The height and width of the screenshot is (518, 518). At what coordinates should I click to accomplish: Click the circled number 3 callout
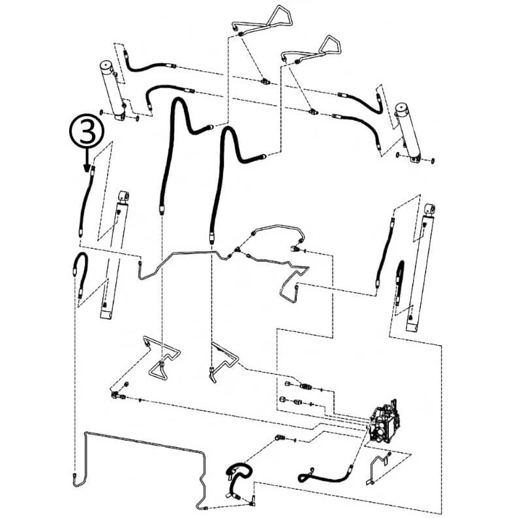87,131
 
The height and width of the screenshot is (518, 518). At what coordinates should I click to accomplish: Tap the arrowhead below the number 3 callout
87,168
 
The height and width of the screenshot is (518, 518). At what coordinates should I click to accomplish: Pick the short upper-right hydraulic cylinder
408,134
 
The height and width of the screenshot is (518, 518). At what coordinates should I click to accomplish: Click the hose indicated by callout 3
86,202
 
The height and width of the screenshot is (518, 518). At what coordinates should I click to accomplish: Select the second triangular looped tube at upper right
312,49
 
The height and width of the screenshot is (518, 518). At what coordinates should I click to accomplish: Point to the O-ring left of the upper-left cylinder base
101,112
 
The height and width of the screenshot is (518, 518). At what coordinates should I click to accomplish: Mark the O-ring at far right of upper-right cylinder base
433,161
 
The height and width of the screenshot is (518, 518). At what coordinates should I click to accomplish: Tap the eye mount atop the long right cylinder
430,209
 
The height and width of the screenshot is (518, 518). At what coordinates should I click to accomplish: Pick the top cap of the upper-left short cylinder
108,65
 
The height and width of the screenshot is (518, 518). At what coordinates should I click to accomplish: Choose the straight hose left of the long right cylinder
385,252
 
